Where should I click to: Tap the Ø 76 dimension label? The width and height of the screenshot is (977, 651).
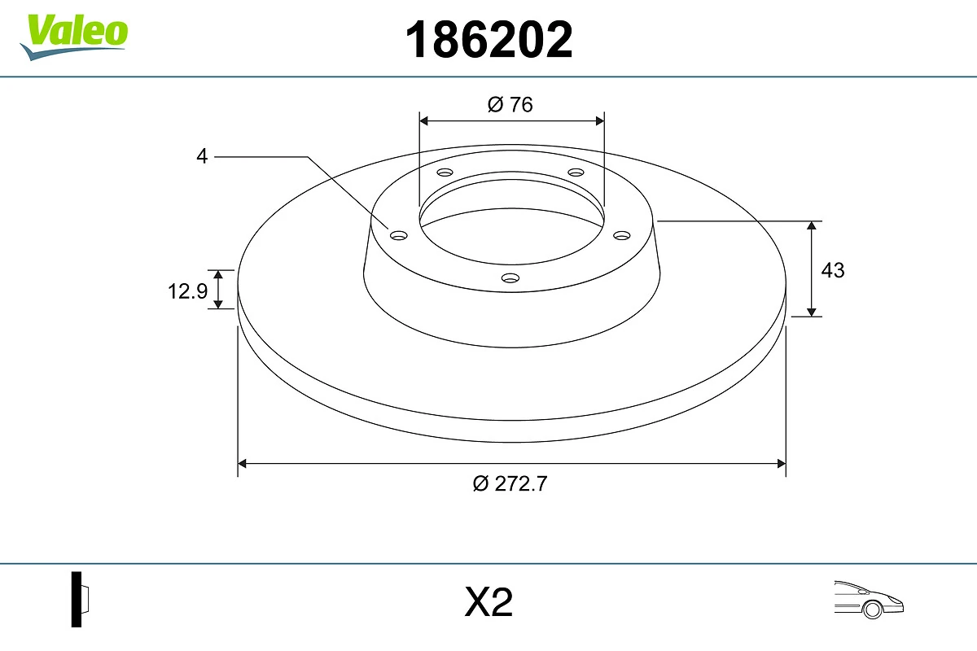coord(510,104)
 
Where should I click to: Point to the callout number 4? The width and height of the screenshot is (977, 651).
coord(202,156)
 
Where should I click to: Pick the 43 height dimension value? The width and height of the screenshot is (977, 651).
coord(833,269)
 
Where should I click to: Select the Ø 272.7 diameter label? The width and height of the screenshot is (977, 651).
coord(510,483)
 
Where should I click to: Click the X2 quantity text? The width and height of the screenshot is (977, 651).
coord(488,603)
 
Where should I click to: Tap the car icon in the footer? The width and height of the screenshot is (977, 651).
coord(869,600)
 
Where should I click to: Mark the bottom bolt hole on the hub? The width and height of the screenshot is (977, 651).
coord(510,278)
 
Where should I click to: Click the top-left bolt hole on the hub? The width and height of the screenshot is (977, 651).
coord(445,173)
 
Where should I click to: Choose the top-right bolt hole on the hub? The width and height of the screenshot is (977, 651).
coord(576,173)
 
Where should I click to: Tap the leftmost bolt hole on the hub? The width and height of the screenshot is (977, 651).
coord(399,235)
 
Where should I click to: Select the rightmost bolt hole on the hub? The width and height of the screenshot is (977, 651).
coord(622,235)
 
